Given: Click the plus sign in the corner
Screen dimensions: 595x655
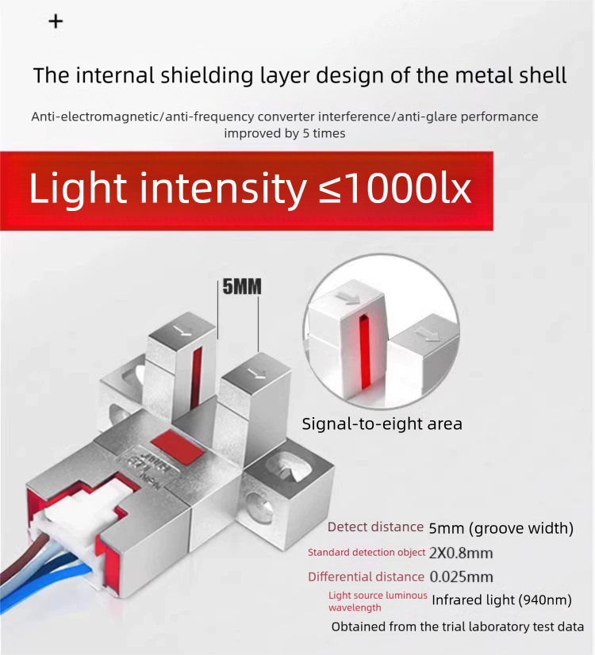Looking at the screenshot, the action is click(56, 21).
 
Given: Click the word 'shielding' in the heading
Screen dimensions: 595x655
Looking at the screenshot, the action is click(207, 75).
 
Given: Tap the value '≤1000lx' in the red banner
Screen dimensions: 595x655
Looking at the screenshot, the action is click(395, 189).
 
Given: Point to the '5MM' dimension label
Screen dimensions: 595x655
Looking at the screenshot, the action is click(242, 286).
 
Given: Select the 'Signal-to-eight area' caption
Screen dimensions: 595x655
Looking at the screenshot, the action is click(382, 424).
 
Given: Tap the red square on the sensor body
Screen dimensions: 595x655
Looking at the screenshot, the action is click(178, 447).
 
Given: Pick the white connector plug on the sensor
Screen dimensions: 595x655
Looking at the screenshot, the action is click(75, 518).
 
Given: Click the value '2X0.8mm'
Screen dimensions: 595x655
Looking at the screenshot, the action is click(461, 553).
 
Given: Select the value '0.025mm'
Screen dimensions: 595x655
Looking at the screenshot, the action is click(461, 576).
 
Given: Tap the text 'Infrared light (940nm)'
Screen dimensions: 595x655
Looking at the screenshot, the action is click(501, 600).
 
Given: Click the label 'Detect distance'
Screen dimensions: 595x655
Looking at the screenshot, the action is click(375, 527).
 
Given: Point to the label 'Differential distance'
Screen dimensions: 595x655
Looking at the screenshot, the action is click(366, 576).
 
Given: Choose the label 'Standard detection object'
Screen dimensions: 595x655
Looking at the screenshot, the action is click(367, 553).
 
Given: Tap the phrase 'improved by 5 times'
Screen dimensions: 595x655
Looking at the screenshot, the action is click(285, 133).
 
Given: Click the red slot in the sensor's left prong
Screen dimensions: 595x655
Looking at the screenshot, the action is click(196, 377).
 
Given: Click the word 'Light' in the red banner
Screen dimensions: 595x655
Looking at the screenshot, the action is click(78, 190).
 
